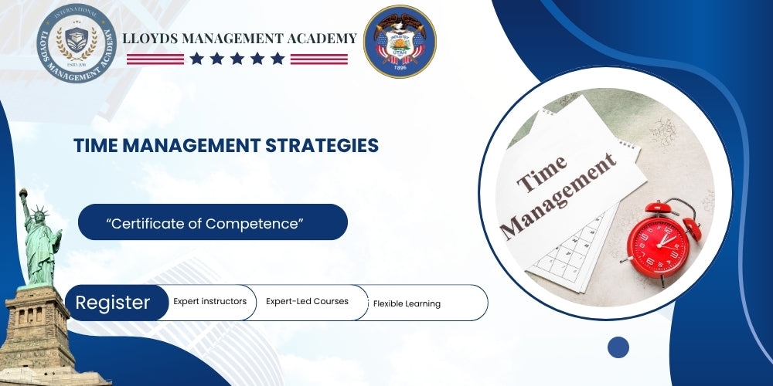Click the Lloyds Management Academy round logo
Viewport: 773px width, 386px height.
(x=76, y=42)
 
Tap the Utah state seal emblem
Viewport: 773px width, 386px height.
(x=400, y=42)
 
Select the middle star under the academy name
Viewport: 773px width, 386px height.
(x=237, y=59)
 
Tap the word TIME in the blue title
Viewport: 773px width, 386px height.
(x=96, y=145)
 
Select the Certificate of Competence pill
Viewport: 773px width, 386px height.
(x=213, y=222)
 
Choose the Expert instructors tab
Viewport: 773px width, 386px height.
(x=210, y=302)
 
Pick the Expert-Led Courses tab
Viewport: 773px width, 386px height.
(x=307, y=302)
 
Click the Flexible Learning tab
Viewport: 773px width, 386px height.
(x=407, y=303)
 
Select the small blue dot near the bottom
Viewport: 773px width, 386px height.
(x=618, y=347)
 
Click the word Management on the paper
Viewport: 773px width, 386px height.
(x=558, y=194)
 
